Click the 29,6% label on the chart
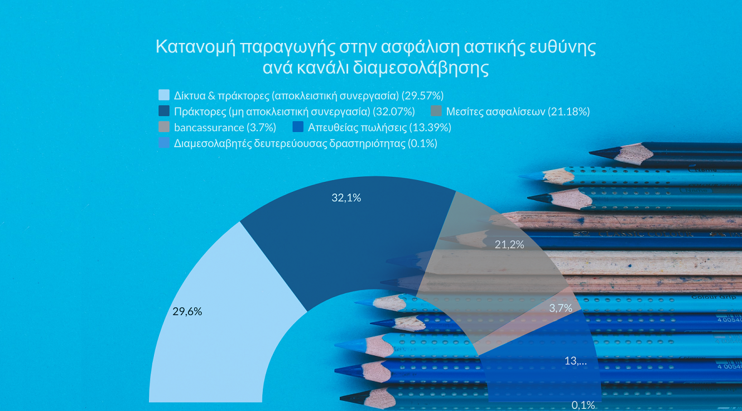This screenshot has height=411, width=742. (x=187, y=312)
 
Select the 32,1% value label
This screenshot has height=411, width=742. (x=346, y=197)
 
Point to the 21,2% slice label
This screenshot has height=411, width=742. (x=509, y=244)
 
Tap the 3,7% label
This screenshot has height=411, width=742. (x=560, y=308)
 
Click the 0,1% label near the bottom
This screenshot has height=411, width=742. (x=583, y=405)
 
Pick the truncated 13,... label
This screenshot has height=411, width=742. (x=575, y=361)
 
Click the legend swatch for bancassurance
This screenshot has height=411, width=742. (x=164, y=127)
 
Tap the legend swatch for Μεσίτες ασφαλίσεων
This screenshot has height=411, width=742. (x=436, y=111)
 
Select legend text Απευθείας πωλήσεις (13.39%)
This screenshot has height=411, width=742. (x=379, y=127)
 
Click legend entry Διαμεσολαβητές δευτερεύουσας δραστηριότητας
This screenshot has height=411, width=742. (x=305, y=143)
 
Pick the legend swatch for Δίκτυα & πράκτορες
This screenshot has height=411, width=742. (x=164, y=95)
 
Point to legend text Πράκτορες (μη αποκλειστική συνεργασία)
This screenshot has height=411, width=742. (x=294, y=111)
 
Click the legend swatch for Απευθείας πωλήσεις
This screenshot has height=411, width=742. (x=298, y=127)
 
